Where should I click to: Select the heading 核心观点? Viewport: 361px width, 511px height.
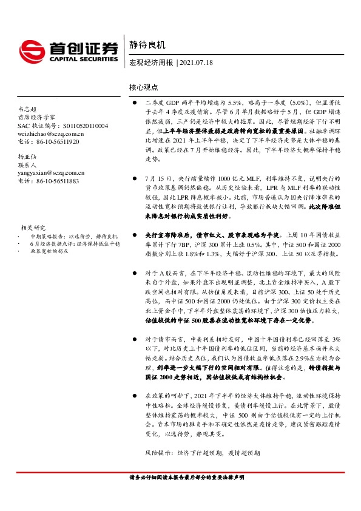coord(144,87)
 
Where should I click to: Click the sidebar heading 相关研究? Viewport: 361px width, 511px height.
coord(40,227)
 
